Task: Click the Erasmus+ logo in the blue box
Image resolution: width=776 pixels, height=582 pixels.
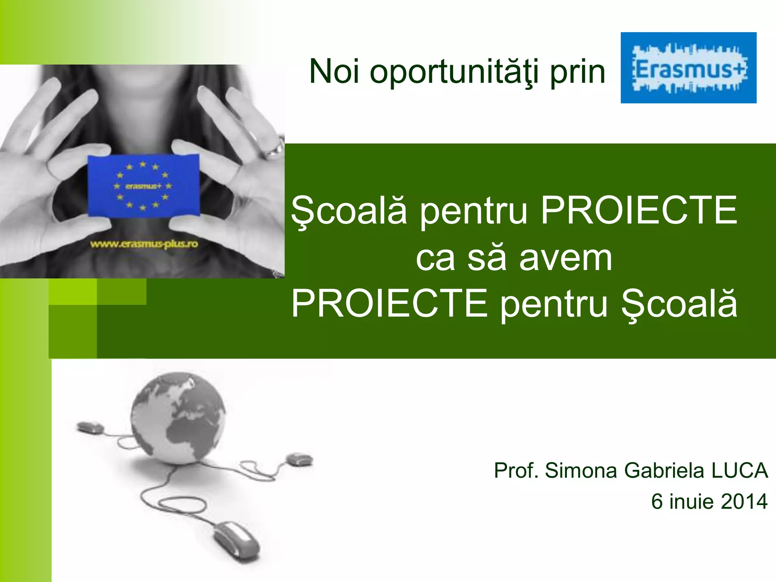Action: [x=688, y=68]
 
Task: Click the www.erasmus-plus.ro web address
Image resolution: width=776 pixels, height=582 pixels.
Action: [x=144, y=244]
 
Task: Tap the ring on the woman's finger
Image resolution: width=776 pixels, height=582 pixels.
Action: [x=274, y=150]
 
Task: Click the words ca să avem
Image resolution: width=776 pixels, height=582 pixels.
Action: [x=514, y=258]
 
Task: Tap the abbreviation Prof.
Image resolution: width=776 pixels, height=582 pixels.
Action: [x=516, y=471]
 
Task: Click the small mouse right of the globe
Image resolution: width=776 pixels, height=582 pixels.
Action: [x=299, y=459]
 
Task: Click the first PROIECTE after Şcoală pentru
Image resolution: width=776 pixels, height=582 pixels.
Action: [x=639, y=211]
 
